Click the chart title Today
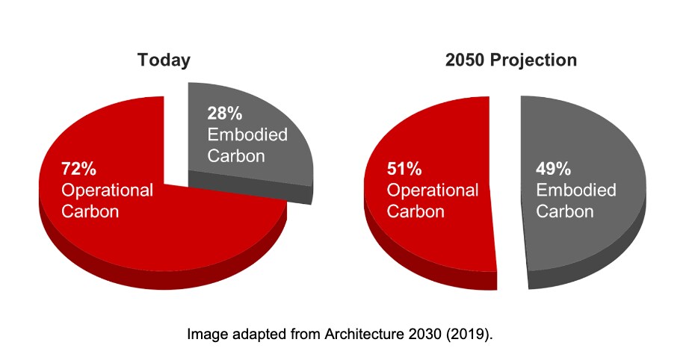coord(164,60)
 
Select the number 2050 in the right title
coord(465,60)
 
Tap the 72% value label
coord(78,168)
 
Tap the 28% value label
coord(225,114)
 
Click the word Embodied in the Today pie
coord(247,135)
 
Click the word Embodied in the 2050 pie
coord(576,190)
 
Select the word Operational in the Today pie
coord(107,190)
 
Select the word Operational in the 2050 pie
coord(432,190)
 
